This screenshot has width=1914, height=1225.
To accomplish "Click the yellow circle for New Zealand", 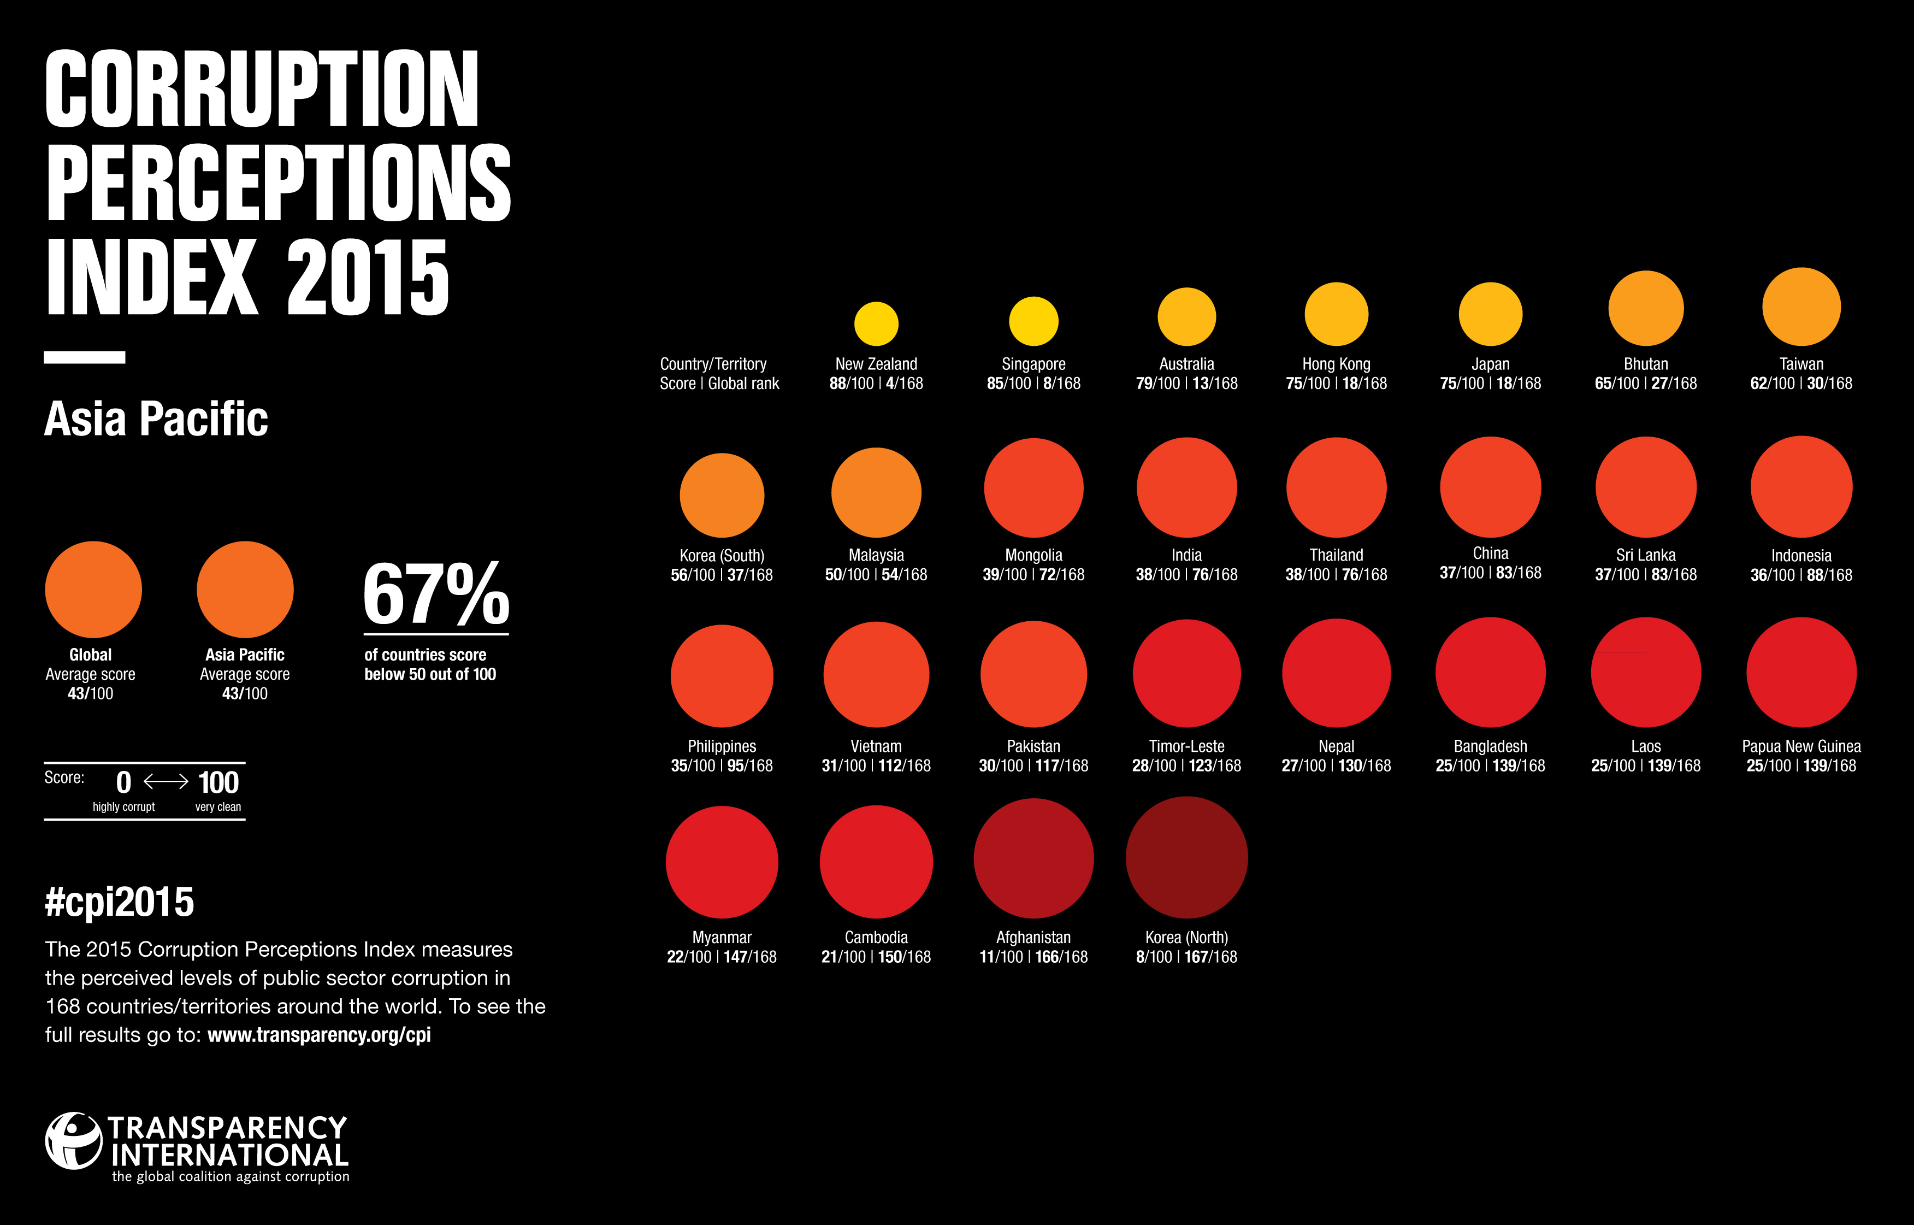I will [876, 324].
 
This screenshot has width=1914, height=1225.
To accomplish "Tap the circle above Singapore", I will [1033, 321].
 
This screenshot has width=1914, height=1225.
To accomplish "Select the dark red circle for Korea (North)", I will [1186, 857].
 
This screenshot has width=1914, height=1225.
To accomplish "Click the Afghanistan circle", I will [1033, 858].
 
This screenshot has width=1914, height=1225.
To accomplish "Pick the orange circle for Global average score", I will [93, 590].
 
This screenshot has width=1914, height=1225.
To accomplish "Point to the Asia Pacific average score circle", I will [245, 590].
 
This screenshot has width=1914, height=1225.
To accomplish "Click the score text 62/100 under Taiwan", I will [1771, 384].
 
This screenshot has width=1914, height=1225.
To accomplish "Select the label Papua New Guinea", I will [1801, 746].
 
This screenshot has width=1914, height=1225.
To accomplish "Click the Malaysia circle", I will [876, 492].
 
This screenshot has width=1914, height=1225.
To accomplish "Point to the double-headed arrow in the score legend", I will [166, 782].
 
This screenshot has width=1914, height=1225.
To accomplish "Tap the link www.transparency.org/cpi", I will [319, 1035].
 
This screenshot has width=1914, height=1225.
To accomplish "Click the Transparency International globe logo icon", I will [73, 1141].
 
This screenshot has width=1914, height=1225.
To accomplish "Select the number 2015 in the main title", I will [368, 277].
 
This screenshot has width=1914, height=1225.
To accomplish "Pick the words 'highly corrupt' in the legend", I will [123, 806].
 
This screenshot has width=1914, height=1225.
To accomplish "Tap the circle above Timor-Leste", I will [1186, 674].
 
